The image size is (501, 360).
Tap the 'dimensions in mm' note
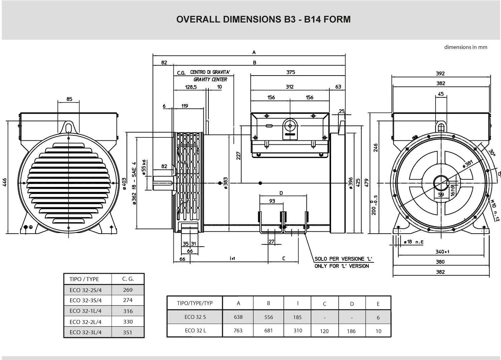pos(466,47)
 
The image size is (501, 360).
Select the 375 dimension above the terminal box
pos(291,72)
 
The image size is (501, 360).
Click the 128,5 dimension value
pos(191,87)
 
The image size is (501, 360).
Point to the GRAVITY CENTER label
pos(210,80)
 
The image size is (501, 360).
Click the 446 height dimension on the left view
pos(5,182)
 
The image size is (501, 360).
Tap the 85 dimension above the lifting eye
pos(69,99)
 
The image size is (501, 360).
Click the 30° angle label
pos(492,153)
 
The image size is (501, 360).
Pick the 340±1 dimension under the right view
pos(442,252)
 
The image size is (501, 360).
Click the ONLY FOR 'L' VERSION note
pos(342,266)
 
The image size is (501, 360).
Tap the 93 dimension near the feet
pos(272,201)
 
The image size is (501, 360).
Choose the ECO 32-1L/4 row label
pos(86,311)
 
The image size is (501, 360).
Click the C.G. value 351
pos(128,332)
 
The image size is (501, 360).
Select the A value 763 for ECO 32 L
pos(238,331)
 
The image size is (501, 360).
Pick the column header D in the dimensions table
pos(352,304)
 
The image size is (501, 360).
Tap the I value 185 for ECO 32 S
pos(297,317)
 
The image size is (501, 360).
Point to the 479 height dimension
pos(366,183)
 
